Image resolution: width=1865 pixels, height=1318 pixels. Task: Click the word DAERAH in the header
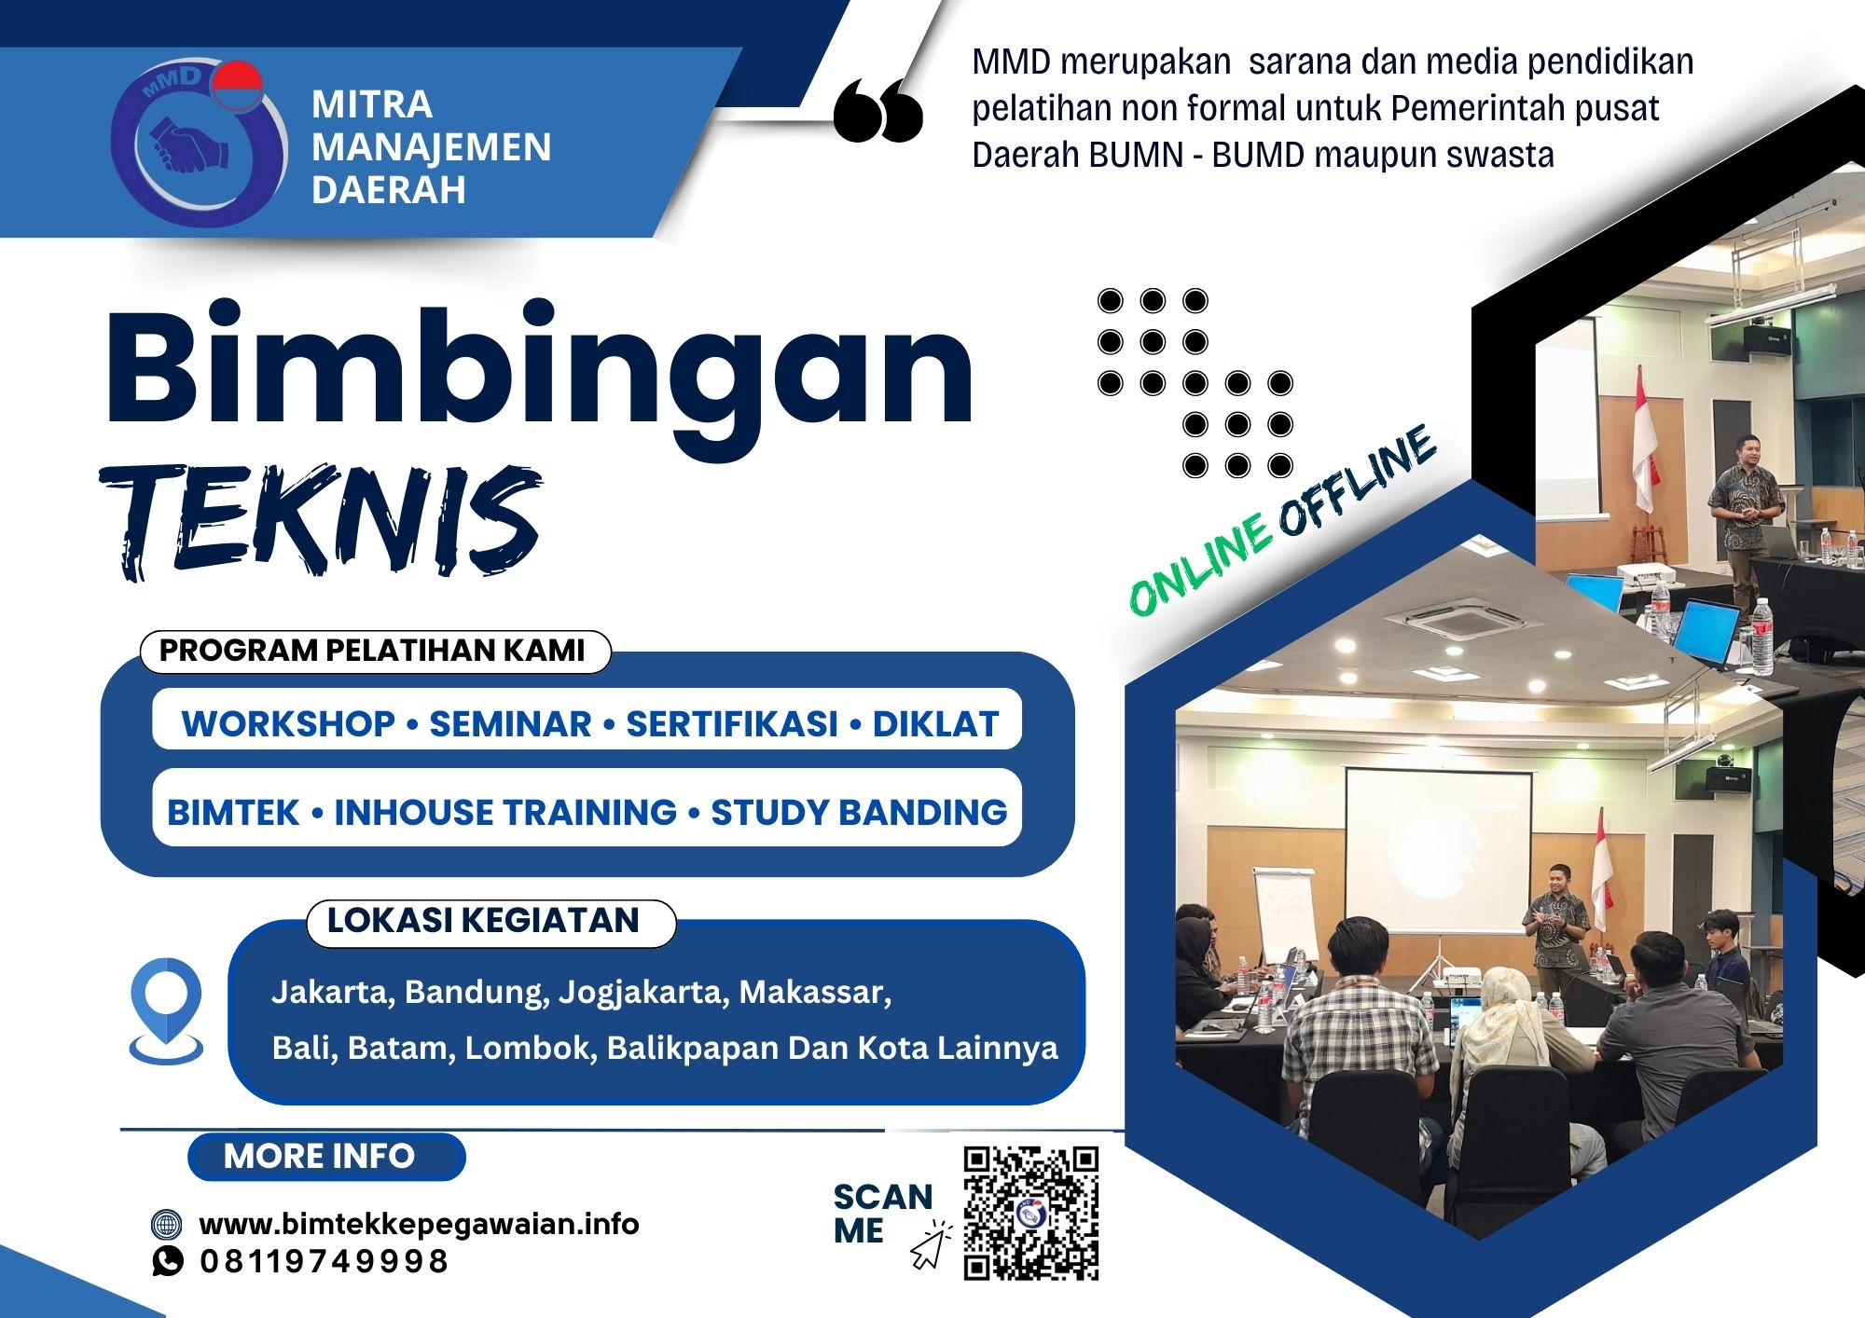(x=388, y=190)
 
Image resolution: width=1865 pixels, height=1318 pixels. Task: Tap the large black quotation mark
(x=877, y=111)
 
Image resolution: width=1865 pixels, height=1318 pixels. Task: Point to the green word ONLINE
(x=1200, y=565)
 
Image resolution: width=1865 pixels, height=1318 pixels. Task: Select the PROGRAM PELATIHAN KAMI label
(x=373, y=651)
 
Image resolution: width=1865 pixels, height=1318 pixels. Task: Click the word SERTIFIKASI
(x=731, y=724)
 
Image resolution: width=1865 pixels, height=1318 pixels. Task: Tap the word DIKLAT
(x=935, y=724)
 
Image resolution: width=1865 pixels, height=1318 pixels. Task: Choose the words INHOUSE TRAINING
(x=504, y=812)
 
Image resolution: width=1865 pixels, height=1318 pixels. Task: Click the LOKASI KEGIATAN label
(x=483, y=921)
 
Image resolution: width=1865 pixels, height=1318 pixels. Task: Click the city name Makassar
(x=813, y=992)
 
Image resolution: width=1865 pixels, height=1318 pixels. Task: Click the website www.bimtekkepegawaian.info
(x=420, y=1224)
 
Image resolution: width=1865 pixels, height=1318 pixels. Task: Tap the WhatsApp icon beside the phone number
(x=168, y=1261)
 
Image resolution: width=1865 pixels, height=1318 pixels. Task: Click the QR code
(x=1030, y=1213)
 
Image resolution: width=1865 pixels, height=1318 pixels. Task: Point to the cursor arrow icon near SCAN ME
(x=930, y=1247)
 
